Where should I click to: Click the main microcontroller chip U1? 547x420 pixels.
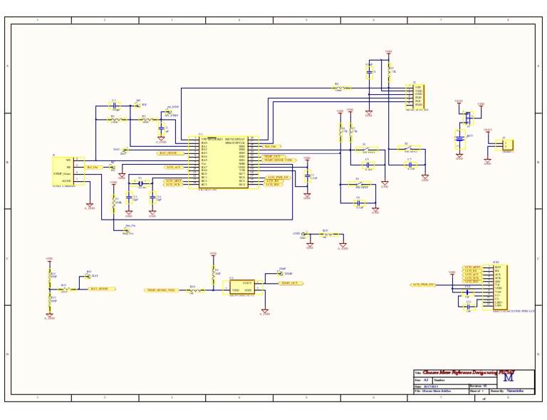(x=224, y=163)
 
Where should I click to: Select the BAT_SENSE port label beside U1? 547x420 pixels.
(x=171, y=153)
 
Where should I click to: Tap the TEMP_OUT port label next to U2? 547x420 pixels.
(x=290, y=283)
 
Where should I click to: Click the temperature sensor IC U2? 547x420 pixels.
(x=241, y=287)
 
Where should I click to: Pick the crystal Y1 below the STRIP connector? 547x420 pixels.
(x=140, y=184)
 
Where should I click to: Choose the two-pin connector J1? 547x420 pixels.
(x=506, y=145)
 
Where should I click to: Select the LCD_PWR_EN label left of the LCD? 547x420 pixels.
(x=423, y=285)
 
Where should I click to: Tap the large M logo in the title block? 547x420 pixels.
(x=527, y=377)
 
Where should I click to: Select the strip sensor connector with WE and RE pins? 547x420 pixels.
(x=68, y=171)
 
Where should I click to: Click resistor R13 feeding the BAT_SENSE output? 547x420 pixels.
(x=64, y=290)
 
